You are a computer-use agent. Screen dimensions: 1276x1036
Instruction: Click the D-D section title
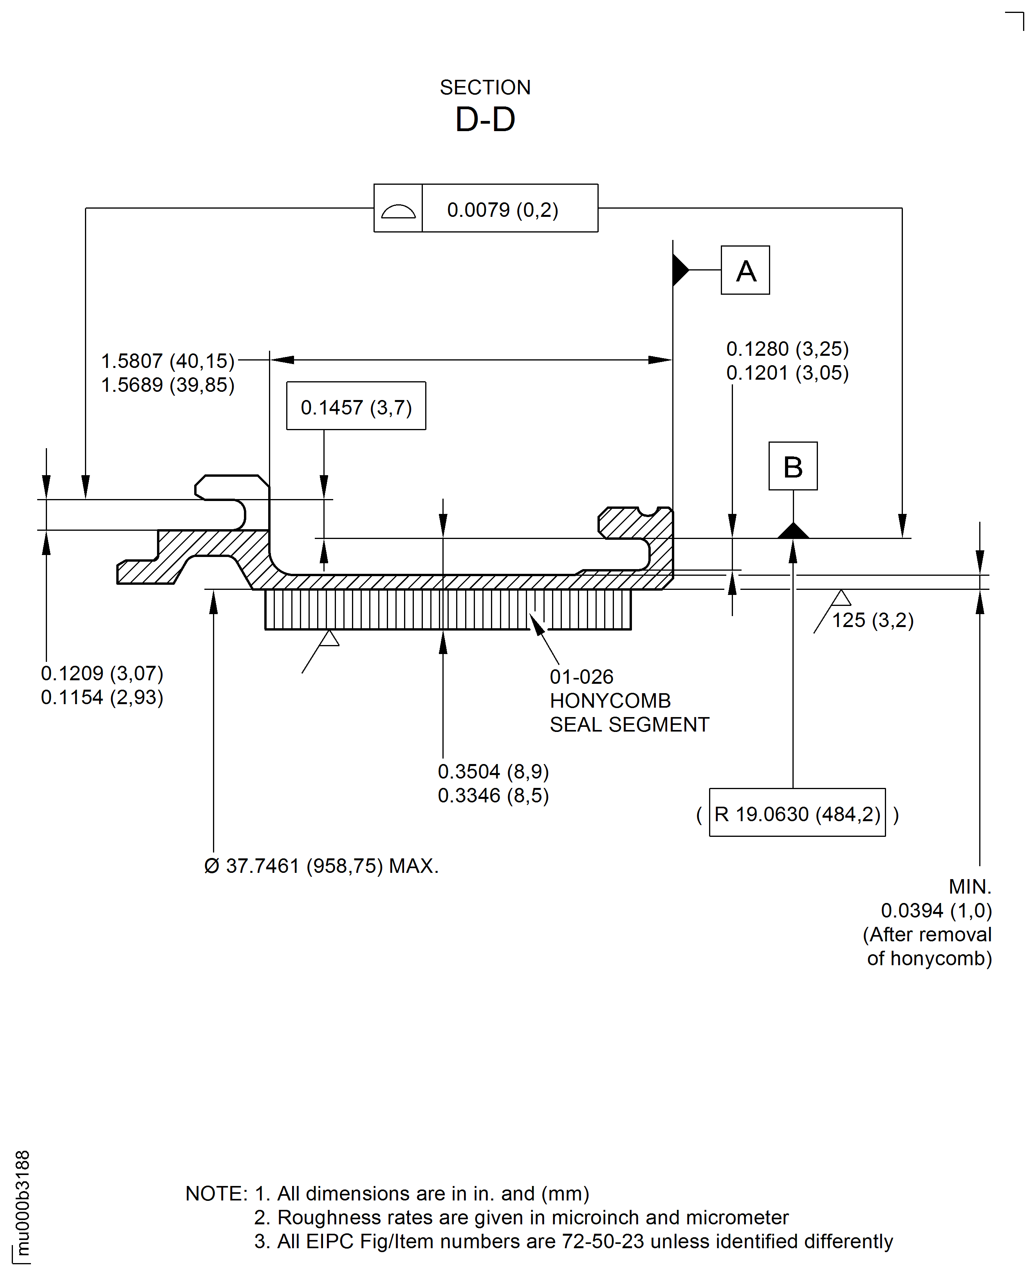[x=485, y=120]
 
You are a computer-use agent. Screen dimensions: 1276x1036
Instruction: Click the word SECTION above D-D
[x=485, y=88]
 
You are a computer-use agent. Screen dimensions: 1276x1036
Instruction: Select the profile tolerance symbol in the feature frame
[x=398, y=209]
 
